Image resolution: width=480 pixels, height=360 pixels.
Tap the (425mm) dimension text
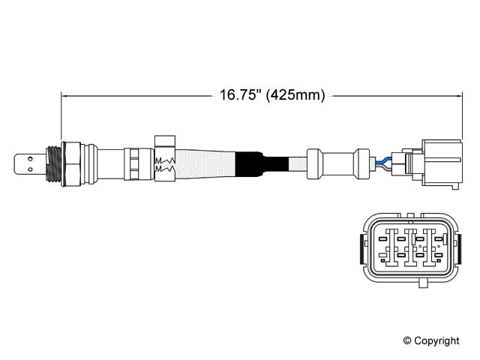(295, 95)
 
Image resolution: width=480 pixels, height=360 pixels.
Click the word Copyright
(436, 340)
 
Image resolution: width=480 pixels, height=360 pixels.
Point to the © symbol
(407, 340)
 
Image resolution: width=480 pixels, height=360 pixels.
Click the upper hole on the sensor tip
(30, 159)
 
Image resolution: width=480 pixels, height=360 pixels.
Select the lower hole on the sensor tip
(30, 169)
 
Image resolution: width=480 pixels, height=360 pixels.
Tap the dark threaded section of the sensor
(53, 163)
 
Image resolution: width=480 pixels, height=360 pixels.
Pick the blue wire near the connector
(383, 160)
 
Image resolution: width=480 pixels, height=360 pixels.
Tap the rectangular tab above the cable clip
(165, 141)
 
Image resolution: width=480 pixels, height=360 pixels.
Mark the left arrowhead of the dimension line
(63, 96)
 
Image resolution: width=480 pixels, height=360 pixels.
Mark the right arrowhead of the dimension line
(460, 96)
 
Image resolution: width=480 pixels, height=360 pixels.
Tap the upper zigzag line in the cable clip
(165, 160)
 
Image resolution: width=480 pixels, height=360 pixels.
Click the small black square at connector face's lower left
(382, 260)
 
